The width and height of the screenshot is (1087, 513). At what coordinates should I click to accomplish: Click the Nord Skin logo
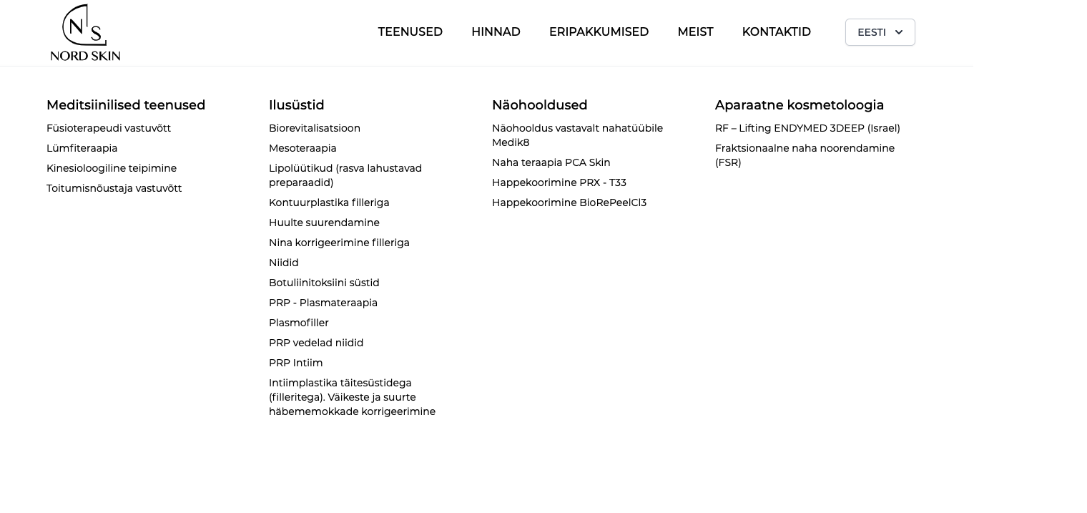point(85,33)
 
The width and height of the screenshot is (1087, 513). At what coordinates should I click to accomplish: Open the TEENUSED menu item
point(410,32)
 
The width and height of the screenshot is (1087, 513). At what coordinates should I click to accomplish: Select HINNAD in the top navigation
point(496,32)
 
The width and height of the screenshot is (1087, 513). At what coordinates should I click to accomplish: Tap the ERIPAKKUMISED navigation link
point(599,32)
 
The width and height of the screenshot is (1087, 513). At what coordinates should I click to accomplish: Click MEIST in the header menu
point(695,32)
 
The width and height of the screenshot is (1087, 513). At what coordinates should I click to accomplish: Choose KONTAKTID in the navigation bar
point(776,32)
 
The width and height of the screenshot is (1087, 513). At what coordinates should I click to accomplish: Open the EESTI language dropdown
point(880,32)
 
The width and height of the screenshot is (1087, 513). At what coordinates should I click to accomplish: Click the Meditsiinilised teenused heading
point(126,105)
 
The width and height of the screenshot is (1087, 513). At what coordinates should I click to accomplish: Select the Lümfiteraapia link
point(82,148)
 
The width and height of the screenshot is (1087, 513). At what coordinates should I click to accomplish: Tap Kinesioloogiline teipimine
point(112,168)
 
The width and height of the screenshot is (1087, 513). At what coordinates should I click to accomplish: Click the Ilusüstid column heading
point(296,105)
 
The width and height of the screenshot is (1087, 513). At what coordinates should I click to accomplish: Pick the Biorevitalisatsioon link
point(315,128)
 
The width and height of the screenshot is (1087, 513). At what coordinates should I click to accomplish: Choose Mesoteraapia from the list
point(303,148)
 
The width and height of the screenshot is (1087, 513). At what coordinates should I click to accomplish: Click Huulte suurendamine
point(324,223)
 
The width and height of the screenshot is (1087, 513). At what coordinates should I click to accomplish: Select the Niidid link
point(284,263)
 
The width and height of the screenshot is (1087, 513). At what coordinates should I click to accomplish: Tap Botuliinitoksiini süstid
point(324,283)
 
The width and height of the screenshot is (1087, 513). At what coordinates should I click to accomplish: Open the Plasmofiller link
point(299,323)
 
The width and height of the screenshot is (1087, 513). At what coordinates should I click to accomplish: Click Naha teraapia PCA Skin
point(551,162)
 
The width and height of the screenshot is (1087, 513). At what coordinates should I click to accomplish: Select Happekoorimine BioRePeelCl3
point(569,202)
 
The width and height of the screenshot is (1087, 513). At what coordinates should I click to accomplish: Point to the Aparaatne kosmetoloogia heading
point(800,105)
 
